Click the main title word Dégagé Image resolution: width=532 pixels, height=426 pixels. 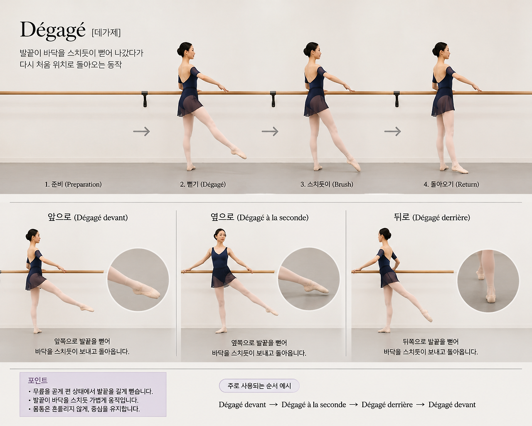point(53,31)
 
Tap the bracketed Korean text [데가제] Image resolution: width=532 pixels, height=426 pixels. point(106,32)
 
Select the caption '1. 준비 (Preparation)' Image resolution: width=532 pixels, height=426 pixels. point(73,184)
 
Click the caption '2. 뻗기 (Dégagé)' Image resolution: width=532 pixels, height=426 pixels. point(203,184)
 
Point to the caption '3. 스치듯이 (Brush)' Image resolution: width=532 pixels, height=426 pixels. point(327,184)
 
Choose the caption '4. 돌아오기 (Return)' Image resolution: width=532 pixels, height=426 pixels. point(451,184)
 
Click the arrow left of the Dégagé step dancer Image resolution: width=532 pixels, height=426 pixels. point(142,131)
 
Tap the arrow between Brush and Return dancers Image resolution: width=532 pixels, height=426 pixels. point(393,131)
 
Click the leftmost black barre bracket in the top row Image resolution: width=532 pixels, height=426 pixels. point(145,99)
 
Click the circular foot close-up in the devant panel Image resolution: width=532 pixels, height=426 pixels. point(138,280)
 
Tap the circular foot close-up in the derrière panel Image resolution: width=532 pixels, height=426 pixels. point(488,281)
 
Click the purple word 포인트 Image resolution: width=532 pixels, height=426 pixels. point(37,380)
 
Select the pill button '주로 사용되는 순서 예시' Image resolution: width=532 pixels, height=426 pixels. point(259,386)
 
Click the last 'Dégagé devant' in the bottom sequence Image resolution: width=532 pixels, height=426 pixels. point(452,405)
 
